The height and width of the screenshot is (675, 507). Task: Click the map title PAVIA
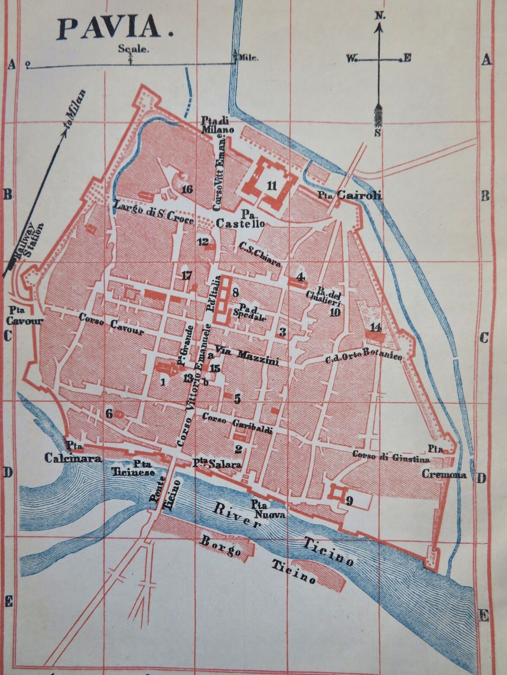[111, 29]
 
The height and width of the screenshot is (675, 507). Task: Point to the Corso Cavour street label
[112, 327]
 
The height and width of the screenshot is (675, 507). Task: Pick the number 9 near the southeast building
[349, 501]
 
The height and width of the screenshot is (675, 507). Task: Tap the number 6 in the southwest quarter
[109, 414]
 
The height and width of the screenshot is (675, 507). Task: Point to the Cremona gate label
[444, 475]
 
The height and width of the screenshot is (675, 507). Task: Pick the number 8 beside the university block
[235, 292]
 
